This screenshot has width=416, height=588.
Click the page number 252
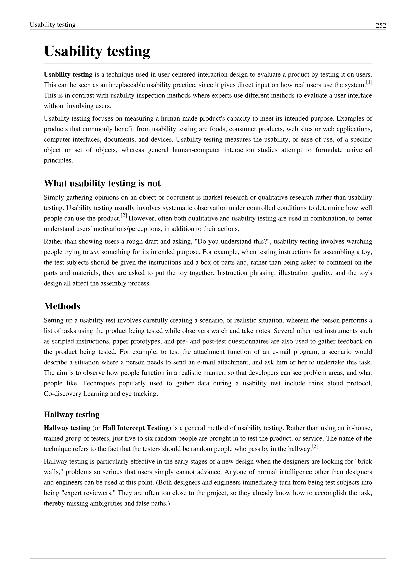[x=381, y=25]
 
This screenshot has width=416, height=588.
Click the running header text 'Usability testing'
[x=53, y=25]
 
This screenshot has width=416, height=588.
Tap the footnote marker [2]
[x=124, y=215]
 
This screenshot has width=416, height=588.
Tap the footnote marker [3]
[x=315, y=446]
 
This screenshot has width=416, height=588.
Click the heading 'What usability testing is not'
[x=102, y=183]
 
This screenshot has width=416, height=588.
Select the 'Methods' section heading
[x=62, y=306]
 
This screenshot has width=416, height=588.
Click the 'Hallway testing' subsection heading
[x=71, y=414]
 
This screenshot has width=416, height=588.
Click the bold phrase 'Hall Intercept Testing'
[x=135, y=428]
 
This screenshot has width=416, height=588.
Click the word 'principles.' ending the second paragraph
[x=58, y=161]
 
